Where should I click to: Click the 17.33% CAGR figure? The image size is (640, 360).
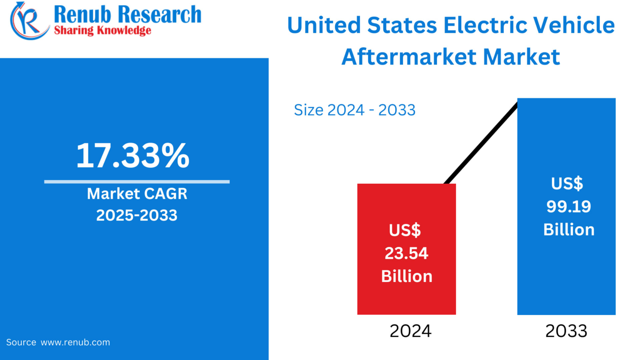click(132, 156)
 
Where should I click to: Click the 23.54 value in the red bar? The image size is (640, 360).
click(406, 253)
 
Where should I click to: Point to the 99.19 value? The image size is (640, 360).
click(568, 207)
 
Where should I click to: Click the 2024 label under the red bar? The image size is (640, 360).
click(410, 331)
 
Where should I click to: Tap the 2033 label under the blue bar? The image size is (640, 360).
click(566, 331)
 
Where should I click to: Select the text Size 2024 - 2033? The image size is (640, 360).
click(355, 110)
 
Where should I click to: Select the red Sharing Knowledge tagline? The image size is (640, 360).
click(102, 30)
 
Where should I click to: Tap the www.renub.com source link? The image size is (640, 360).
click(75, 342)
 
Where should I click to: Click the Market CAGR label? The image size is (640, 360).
click(137, 194)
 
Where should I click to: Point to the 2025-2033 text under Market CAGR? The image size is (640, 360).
click(137, 215)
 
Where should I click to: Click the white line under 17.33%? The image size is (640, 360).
click(137, 182)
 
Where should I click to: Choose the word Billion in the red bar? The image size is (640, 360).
click(407, 277)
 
